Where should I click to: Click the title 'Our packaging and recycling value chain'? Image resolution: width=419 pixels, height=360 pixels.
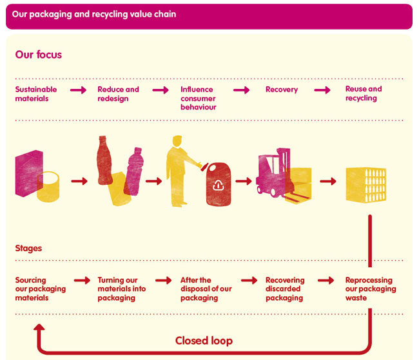[x=94, y=14]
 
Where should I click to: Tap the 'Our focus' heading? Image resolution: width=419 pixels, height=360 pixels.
[x=39, y=55]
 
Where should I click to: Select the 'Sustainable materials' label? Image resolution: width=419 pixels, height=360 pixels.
[x=36, y=94]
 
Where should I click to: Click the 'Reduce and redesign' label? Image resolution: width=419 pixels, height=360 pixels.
[x=118, y=94]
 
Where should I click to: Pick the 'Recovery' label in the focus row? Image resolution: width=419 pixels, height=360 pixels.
[x=282, y=90]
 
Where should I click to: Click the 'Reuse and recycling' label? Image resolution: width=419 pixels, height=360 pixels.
[x=364, y=93]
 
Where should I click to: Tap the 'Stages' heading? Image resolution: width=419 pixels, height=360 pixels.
[x=28, y=248]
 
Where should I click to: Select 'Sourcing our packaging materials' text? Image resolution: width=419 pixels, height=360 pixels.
[x=40, y=289]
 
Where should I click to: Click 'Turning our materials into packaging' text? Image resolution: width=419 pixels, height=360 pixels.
[x=122, y=289]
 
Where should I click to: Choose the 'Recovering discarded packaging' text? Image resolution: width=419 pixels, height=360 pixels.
[x=284, y=289]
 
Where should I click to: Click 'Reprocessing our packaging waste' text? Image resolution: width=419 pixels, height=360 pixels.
[x=371, y=289]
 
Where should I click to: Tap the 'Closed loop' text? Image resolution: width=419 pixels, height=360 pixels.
[x=204, y=340]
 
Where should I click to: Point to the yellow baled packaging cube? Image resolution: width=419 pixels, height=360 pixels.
[x=365, y=185]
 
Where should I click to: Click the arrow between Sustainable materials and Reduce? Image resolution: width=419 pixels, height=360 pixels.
[x=78, y=90]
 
